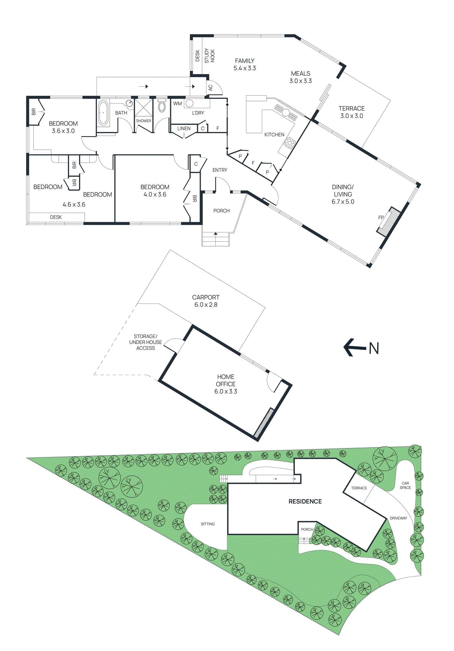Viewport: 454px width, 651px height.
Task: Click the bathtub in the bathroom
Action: tap(103, 113)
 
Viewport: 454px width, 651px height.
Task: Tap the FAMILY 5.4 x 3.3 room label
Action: tap(244, 65)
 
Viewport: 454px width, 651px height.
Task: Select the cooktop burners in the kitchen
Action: tap(290, 143)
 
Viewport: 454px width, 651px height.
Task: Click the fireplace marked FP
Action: tap(387, 221)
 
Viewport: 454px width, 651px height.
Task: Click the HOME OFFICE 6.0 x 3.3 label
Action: tap(226, 384)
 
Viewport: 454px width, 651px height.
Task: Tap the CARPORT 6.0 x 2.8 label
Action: tap(206, 301)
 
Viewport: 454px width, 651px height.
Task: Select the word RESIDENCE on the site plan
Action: tap(305, 502)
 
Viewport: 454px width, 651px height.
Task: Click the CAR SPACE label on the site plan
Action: tap(405, 485)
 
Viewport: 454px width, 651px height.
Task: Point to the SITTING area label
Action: tap(208, 524)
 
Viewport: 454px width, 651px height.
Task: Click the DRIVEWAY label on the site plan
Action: tap(398, 518)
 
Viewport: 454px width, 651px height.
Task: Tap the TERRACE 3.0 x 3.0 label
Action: tap(351, 112)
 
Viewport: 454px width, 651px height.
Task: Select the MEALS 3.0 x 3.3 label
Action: tap(300, 77)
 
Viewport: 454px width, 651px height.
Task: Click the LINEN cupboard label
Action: tap(184, 129)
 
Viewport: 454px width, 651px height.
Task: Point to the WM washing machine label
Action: tap(178, 104)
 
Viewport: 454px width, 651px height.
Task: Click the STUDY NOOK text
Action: tap(209, 56)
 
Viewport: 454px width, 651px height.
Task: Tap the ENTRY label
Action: tap(220, 170)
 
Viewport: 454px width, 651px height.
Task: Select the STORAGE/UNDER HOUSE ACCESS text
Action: tap(145, 342)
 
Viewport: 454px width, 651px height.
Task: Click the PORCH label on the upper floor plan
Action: tap(222, 211)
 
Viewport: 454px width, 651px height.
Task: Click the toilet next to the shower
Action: tap(162, 107)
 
